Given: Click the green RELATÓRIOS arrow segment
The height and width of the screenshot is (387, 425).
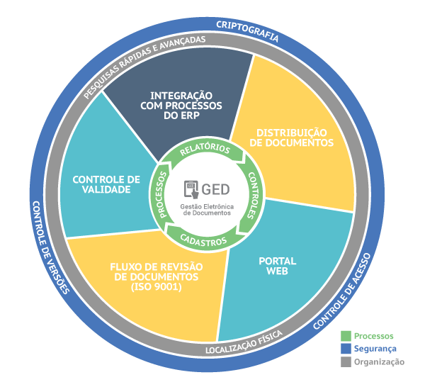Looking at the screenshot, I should click(205, 150).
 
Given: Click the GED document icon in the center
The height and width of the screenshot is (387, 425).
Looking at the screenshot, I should click(192, 189).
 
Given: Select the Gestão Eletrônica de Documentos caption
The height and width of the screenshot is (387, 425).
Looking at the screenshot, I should click(212, 208).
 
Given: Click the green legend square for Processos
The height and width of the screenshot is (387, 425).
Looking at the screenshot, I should click(346, 335).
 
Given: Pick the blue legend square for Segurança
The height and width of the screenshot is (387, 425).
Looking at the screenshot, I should click(346, 349).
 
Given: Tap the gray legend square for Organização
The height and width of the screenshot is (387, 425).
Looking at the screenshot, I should click(346, 361).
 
